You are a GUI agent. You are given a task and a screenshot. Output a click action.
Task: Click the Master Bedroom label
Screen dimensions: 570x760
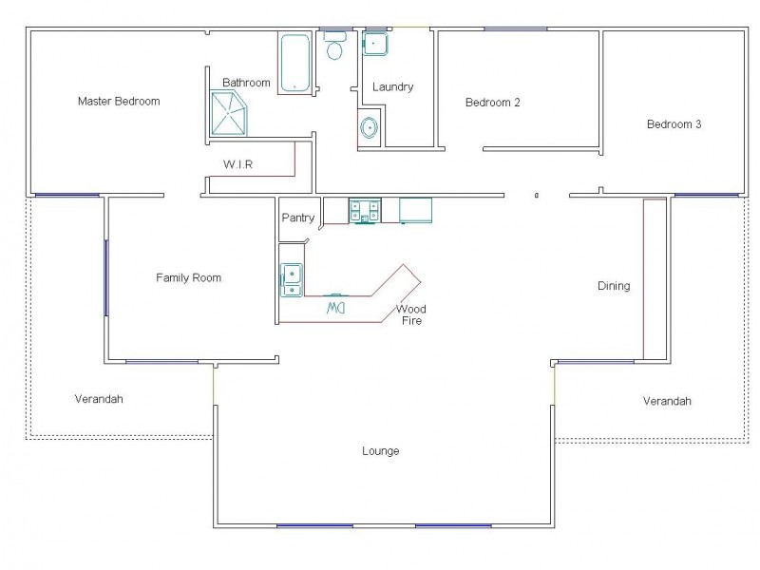coord(118,101)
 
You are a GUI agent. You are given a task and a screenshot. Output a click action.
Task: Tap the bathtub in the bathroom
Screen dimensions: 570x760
coord(294,64)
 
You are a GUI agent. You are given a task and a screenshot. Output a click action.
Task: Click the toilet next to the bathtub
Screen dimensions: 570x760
coord(335,47)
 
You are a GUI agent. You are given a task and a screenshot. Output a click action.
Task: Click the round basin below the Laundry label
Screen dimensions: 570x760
coord(370,128)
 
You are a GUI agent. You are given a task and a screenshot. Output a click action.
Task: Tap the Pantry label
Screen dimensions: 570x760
coord(298,218)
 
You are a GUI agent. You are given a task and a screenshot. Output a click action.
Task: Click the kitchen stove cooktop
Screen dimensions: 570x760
coord(364,210)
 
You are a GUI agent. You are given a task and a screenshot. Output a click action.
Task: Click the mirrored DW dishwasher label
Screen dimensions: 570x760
coord(335,308)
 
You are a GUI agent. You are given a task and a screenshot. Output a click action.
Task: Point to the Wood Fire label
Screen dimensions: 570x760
coord(411,314)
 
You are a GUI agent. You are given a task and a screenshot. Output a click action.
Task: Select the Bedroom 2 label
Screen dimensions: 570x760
coord(492,103)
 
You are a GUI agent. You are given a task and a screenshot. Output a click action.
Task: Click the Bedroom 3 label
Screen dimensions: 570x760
coord(674,123)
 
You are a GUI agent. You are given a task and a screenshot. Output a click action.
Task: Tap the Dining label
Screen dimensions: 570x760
coord(613,286)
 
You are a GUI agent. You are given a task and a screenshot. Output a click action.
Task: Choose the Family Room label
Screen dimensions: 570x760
coord(188,277)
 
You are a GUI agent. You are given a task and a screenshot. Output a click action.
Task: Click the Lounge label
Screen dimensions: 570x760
coord(380,450)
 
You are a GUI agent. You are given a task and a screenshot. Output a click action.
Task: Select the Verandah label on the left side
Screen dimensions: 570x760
coord(99,399)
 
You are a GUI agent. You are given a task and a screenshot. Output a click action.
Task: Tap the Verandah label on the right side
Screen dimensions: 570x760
coord(666,401)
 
